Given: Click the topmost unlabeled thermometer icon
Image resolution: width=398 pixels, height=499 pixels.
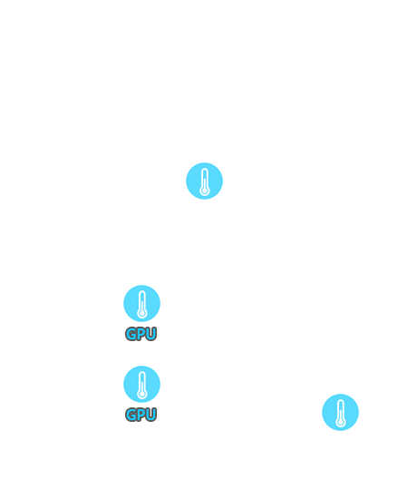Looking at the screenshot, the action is point(204,181).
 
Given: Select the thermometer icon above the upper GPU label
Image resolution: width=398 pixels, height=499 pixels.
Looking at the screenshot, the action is point(141,303).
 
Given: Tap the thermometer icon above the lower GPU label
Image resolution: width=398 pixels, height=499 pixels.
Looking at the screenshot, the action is point(141,384).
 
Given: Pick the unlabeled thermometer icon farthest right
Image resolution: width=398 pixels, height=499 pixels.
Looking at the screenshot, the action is point(340,412).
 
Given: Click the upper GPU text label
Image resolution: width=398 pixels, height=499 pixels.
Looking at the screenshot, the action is point(141,334).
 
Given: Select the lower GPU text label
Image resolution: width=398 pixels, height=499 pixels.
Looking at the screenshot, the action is point(141,415).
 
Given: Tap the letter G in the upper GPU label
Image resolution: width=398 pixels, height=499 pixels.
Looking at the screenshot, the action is point(131,334).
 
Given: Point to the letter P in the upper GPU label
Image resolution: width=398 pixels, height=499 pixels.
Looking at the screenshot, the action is point(141,334).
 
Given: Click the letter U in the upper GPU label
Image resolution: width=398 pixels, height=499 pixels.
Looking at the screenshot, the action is point(151,334).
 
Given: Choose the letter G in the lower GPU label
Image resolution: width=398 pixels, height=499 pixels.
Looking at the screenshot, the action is point(131,415).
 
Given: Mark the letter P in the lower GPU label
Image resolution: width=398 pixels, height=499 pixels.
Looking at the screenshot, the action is point(141,415).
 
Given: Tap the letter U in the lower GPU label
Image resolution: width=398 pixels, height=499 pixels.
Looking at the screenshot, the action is point(151,415).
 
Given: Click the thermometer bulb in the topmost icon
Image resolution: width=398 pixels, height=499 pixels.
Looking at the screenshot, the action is point(204,191).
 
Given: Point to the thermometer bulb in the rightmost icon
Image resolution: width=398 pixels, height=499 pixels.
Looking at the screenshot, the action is point(341,422).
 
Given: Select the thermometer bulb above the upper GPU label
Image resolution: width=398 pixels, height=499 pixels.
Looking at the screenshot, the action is point(142,314).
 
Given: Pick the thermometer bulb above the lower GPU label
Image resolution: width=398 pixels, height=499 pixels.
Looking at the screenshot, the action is point(142,395).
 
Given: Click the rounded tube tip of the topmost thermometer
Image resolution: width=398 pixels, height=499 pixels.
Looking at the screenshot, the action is point(204,170).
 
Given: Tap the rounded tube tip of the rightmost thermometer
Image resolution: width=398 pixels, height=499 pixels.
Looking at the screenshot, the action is point(341,400).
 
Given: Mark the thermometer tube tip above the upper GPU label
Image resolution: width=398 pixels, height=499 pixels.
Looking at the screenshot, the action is point(142,291).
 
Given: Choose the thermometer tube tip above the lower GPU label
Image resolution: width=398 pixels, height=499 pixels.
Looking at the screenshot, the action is point(142,372).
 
